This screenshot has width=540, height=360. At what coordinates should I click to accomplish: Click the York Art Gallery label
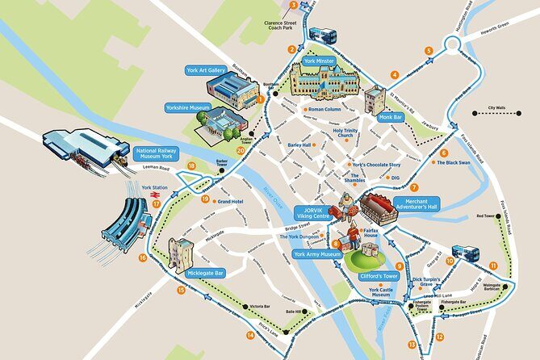[x=206, y=70]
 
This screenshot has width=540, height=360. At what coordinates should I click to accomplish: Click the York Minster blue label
[x=320, y=61]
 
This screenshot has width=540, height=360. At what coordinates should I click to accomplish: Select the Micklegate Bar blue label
[x=205, y=274]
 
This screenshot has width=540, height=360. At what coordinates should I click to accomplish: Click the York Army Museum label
[x=318, y=254]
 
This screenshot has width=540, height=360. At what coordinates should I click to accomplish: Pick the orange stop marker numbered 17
[x=156, y=204]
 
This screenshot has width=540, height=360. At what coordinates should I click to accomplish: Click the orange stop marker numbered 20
[x=240, y=149]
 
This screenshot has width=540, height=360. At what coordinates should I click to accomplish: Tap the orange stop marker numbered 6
[x=444, y=153]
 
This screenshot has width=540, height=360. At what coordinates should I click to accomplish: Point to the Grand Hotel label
[x=230, y=201]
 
